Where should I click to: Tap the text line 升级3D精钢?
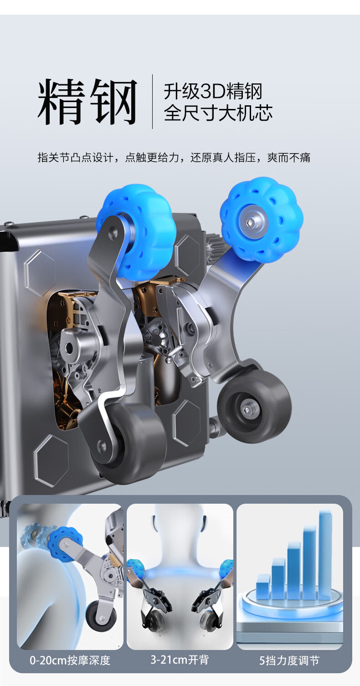click(x=213, y=91)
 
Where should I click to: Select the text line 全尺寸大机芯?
click(x=218, y=113)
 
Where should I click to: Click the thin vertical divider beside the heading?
click(x=153, y=101)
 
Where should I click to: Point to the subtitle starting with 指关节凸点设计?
click(x=174, y=157)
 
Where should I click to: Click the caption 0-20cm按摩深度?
click(x=70, y=660)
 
